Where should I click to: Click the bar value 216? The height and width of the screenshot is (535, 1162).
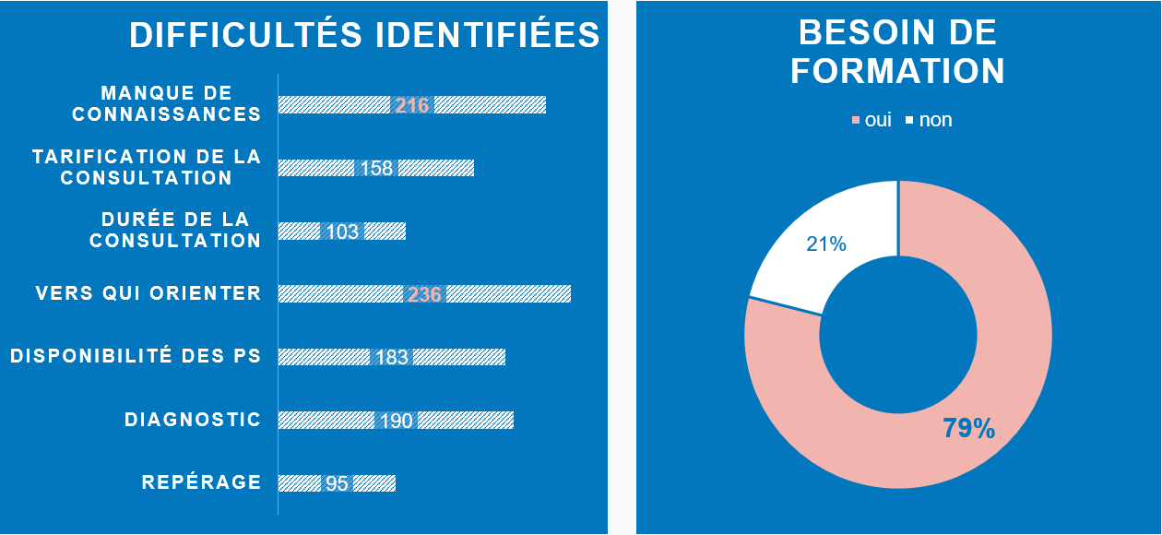click(412, 105)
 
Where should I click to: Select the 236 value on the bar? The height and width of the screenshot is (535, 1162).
click(424, 294)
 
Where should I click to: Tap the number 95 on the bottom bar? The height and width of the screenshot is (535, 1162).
click(337, 483)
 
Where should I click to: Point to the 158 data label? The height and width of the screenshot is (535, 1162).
click(376, 168)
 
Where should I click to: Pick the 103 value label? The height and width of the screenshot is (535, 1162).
click(342, 232)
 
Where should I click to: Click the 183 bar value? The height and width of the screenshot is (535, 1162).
click(392, 357)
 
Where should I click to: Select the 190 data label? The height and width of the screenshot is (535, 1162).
click(397, 421)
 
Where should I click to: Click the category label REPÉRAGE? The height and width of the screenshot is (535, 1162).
click(201, 481)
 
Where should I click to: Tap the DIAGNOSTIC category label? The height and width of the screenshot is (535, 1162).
click(193, 420)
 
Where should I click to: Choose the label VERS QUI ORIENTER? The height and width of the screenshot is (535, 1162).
click(148, 293)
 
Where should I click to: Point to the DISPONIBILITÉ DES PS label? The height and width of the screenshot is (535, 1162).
click(136, 356)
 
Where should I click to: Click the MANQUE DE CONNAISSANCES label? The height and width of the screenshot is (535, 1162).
click(167, 103)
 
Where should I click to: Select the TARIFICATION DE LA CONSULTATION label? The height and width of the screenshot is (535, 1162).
click(147, 167)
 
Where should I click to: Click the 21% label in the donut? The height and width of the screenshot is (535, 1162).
click(826, 244)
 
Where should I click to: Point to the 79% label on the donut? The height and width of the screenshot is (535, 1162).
click(968, 428)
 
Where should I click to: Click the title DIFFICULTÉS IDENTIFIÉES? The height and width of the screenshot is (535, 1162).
click(364, 35)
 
